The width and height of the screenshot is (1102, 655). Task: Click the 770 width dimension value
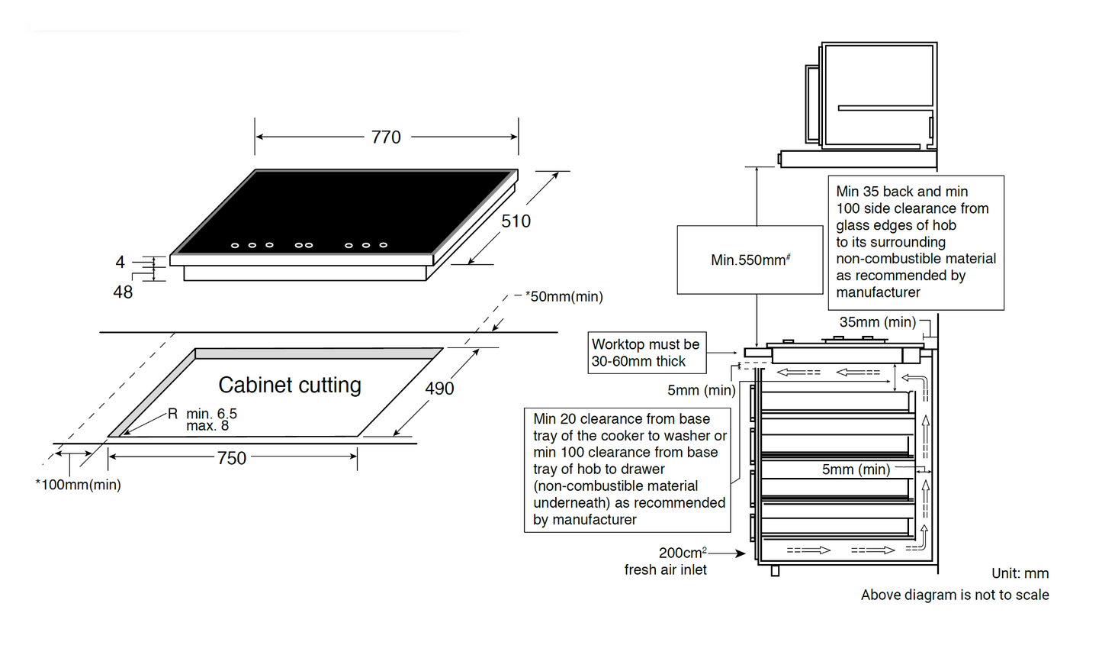[x=386, y=137]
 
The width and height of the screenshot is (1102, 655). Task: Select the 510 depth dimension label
[x=516, y=221]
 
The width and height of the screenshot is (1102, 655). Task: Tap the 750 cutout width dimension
[x=232, y=458]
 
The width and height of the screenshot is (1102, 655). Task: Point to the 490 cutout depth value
[x=439, y=389]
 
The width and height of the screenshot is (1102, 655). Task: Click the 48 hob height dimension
[x=123, y=292]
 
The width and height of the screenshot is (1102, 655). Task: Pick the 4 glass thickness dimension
[x=120, y=263]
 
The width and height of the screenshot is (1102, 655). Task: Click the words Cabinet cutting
[x=290, y=385]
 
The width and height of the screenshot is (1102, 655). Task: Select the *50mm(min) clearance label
[x=564, y=296]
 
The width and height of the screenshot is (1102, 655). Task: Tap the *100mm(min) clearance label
[x=78, y=485]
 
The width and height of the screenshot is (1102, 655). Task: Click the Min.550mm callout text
[x=750, y=260]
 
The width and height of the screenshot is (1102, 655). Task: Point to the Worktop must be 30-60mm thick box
[x=645, y=353]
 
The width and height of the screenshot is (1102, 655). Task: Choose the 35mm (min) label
[x=877, y=322]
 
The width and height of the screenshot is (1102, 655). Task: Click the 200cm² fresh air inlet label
[x=665, y=561]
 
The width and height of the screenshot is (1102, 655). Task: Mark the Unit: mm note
[x=1020, y=573]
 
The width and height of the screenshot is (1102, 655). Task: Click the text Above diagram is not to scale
[x=955, y=595]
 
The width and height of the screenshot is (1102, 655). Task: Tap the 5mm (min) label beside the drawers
[x=856, y=469]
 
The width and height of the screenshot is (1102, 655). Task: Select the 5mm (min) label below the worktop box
[x=701, y=390]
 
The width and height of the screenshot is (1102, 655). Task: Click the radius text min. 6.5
[x=211, y=414]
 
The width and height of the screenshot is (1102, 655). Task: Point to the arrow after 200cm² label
[x=727, y=553]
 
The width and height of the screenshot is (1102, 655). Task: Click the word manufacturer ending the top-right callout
[x=878, y=292]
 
